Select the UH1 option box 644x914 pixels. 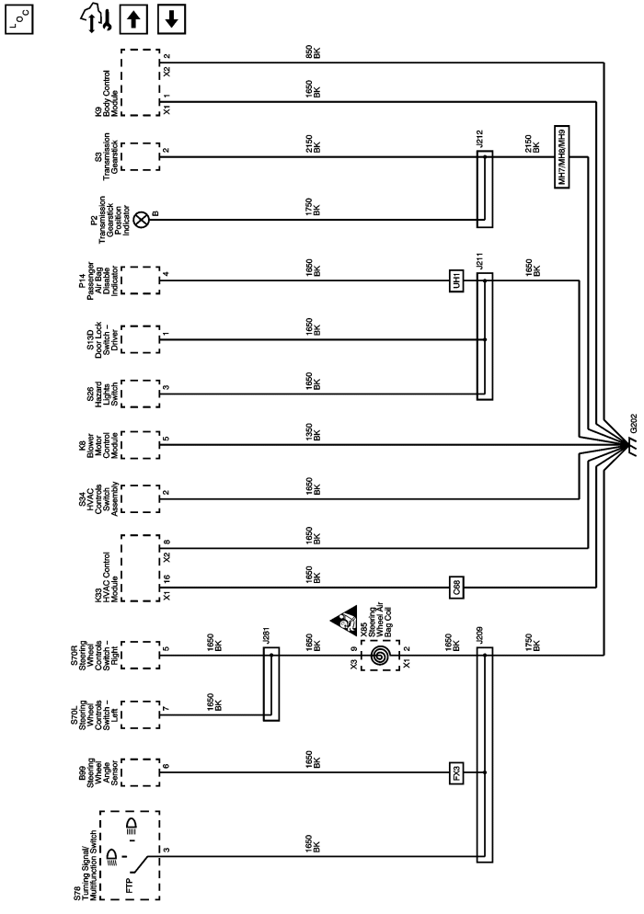coord(455,280)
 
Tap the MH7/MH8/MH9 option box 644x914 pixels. coord(563,157)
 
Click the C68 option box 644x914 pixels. coord(455,587)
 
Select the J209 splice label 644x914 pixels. coord(479,637)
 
